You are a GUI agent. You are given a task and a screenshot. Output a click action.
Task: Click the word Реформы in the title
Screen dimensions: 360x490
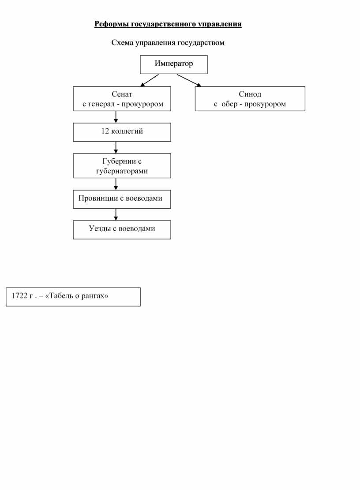pos(112,24)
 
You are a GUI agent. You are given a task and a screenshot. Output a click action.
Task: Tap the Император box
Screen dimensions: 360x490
pos(174,65)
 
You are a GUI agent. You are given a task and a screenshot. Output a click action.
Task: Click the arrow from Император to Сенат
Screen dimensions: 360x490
pos(150,80)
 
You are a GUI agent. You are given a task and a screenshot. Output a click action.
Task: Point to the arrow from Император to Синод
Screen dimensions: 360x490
pos(189,80)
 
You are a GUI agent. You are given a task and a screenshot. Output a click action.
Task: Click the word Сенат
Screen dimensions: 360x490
pos(122,94)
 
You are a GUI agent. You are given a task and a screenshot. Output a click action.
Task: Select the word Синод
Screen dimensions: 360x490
pos(250,94)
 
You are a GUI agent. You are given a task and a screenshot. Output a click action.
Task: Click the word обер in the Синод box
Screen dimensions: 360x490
pos(229,104)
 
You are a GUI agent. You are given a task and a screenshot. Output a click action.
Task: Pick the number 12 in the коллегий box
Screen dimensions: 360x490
pos(105,131)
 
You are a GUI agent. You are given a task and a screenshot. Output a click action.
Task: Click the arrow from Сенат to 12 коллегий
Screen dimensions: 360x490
pos(116,117)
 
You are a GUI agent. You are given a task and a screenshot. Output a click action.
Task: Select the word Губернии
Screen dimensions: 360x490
pos(119,161)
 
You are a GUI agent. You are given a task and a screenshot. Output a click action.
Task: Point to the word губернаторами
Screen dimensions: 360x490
pos(122,171)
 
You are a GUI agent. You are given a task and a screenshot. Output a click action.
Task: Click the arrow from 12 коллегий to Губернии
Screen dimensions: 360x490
pos(116,147)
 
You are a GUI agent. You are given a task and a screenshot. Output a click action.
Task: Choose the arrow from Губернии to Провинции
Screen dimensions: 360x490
pos(116,184)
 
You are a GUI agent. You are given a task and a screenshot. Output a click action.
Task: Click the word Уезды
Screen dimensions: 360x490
pos(100,229)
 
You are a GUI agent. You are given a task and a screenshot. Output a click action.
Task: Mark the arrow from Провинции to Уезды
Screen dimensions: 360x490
pos(116,215)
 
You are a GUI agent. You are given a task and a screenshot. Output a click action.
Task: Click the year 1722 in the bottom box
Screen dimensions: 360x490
pos(19,295)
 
